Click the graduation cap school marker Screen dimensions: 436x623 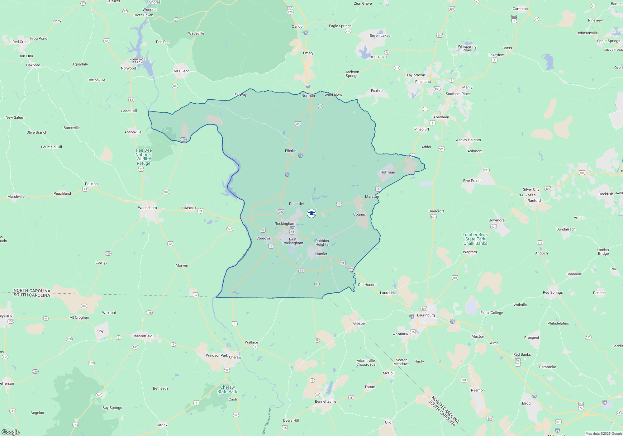pos(311,213)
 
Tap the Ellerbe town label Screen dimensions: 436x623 pos(291,151)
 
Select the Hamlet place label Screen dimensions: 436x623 pos(321,254)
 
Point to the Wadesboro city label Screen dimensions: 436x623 pos(147,208)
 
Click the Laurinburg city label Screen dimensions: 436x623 pos(426,315)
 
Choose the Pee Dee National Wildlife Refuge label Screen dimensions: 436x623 pos(144,157)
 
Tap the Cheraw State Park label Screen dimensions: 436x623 pos(227,389)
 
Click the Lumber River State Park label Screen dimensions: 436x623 pos(475,239)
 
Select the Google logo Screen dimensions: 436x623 pos(11,432)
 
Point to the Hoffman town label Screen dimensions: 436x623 pos(388,172)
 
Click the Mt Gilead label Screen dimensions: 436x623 pos(181,71)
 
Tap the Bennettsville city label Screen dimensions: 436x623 pos(326,401)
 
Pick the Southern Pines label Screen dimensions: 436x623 pos(458,94)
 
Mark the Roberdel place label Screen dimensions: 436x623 pos(296,204)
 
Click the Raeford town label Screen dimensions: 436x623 pos(534,201)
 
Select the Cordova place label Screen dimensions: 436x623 pos(263,238)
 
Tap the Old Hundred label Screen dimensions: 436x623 pos(368,285)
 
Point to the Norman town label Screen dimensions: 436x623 pos(308,96)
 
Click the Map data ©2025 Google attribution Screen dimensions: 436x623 pos(604,434)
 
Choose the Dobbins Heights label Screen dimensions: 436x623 pos(322,243)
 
